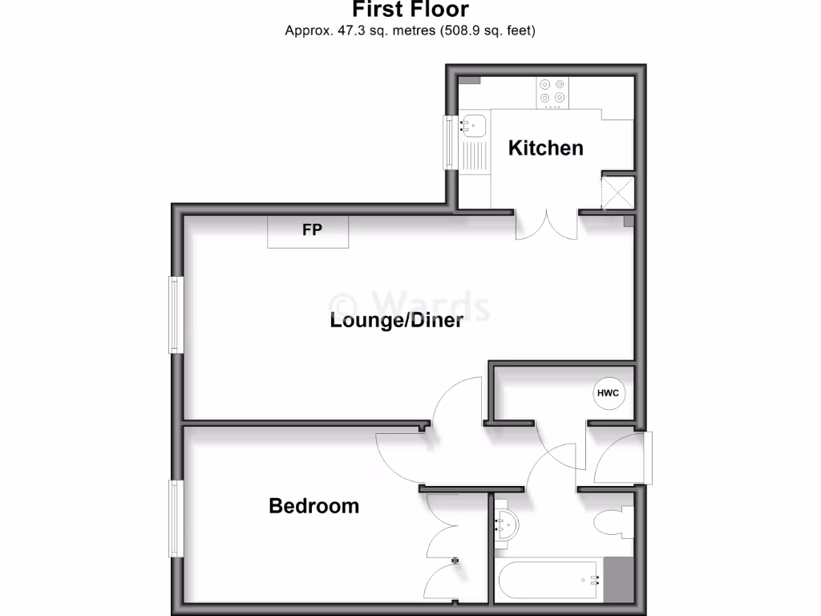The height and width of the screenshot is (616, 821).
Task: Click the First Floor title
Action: point(410,10)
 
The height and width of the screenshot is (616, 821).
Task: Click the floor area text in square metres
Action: point(410,31)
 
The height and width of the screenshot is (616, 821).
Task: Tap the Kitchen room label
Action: point(545,148)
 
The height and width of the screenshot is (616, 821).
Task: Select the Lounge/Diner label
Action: point(396,321)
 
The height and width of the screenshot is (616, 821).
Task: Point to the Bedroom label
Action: point(313,506)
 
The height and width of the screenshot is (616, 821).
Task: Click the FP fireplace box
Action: point(309,231)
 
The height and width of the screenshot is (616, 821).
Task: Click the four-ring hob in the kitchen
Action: point(552,91)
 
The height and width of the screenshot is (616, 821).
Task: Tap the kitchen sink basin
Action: point(473,125)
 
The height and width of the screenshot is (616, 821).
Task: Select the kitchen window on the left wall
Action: point(450,143)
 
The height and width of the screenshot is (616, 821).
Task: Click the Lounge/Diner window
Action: point(174,314)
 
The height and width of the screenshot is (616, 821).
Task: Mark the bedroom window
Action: point(174,518)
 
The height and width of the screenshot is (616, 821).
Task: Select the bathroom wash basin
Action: point(506,525)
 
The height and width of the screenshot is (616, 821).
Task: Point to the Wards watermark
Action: point(410,306)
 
